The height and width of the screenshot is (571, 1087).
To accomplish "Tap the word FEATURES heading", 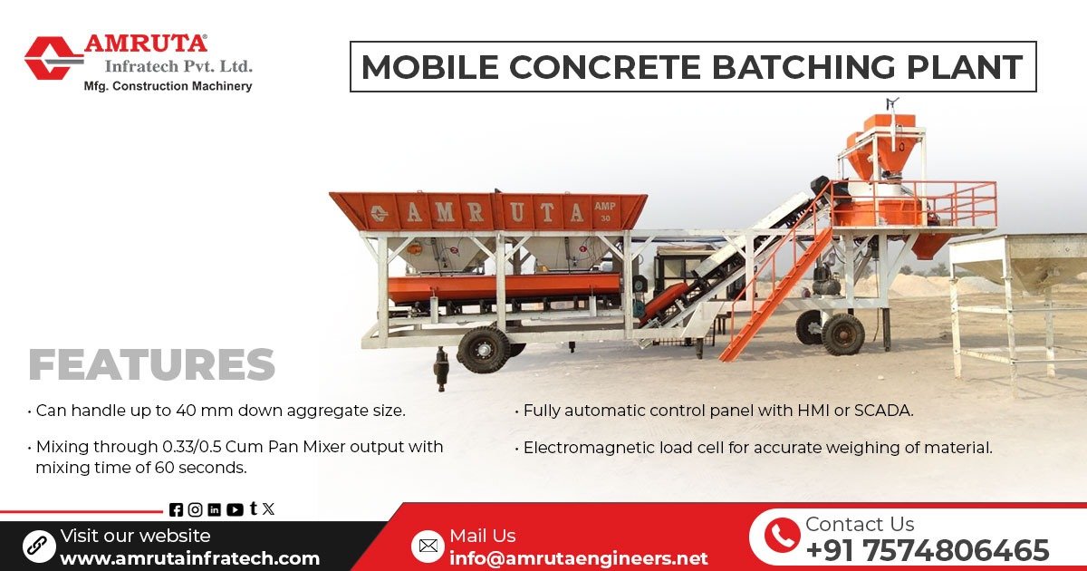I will point(151,364).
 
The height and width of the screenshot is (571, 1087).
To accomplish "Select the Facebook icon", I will point(176,509).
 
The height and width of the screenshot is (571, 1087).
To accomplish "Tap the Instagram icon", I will point(195,509).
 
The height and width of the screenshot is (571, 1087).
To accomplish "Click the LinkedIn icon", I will point(215,509).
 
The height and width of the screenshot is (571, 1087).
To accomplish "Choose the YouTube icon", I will point(235,509).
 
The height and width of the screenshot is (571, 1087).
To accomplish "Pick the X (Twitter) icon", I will point(268,509).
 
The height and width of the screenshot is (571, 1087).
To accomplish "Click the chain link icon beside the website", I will point(39,546).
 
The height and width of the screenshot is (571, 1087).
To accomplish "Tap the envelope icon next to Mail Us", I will point(428,546).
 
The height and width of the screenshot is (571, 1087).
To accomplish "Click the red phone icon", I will point(781,536).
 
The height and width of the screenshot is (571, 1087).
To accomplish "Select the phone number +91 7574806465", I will point(927,550).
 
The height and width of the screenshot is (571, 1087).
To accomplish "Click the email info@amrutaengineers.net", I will point(578,557).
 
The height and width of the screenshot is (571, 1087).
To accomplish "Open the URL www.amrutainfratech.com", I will point(189,558).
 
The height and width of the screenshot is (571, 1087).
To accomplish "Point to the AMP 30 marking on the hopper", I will point(605,210).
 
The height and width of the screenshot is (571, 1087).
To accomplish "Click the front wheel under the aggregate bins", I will point(484,349).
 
